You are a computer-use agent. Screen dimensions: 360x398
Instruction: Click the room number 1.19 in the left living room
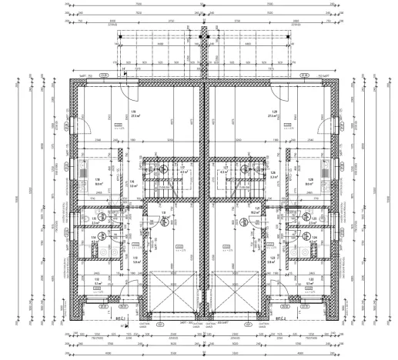pos(133,112)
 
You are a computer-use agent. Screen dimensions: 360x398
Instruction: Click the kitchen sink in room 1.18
pos(82,171)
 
